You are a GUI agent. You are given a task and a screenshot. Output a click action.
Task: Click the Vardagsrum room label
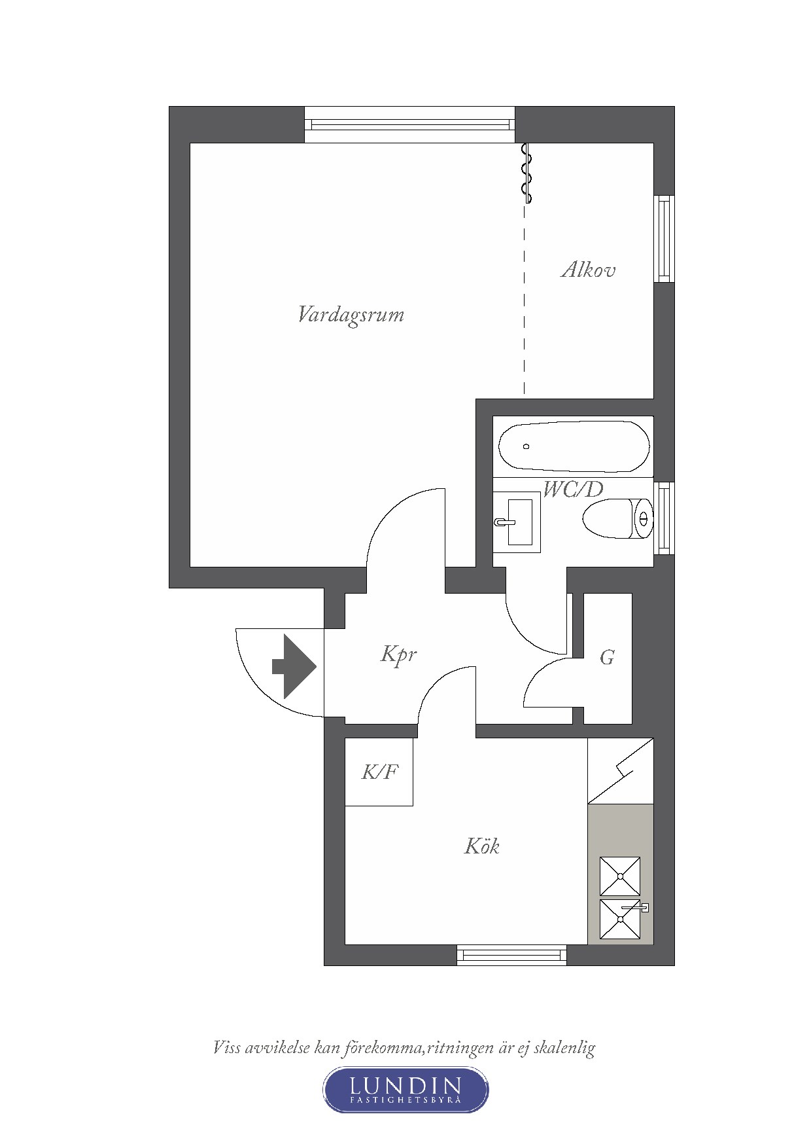(x=351, y=315)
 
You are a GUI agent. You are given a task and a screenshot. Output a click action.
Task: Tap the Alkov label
(x=588, y=270)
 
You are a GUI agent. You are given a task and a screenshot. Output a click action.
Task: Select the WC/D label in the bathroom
(x=573, y=490)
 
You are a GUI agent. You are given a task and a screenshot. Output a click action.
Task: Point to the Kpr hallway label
(x=399, y=655)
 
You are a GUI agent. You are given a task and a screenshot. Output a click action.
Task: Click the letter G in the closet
(x=607, y=656)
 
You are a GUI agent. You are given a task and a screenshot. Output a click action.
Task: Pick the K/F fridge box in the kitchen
(x=379, y=772)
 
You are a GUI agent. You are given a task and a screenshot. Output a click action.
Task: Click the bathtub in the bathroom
(x=574, y=446)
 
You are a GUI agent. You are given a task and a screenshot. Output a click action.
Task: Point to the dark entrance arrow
(x=294, y=666)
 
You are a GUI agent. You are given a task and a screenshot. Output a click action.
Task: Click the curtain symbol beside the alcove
(x=526, y=173)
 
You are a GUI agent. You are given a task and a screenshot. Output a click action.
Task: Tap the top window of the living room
(x=410, y=124)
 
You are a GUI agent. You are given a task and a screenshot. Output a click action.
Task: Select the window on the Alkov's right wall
(x=664, y=239)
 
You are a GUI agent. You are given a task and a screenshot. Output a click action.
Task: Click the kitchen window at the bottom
(x=511, y=955)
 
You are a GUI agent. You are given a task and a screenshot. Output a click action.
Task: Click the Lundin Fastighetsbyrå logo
(x=406, y=1090)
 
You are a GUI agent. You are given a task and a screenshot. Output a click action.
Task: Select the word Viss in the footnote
(x=226, y=1047)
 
